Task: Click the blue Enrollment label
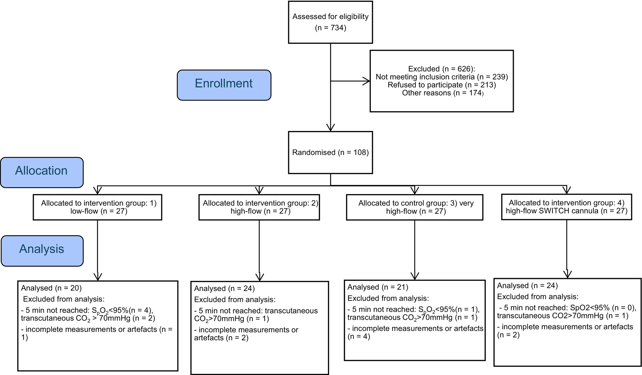pyautogui.click(x=224, y=85)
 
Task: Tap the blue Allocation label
pyautogui.click(x=42, y=172)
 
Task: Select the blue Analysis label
pyautogui.click(x=42, y=251)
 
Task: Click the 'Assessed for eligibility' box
pyautogui.click(x=330, y=22)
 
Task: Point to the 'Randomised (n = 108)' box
pyautogui.click(x=330, y=152)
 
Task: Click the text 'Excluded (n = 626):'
pyautogui.click(x=442, y=69)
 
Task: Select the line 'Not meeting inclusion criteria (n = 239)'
pyautogui.click(x=442, y=77)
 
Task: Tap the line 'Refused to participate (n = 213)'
pyautogui.click(x=442, y=85)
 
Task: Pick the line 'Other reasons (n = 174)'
pyautogui.click(x=443, y=93)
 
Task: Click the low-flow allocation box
pyautogui.click(x=97, y=207)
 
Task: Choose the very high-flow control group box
pyautogui.click(x=415, y=207)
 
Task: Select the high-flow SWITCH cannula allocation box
pyautogui.click(x=567, y=207)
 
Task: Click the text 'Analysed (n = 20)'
pyautogui.click(x=51, y=288)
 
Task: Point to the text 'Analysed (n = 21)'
pyautogui.click(x=378, y=287)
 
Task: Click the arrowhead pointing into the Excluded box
pyautogui.click(x=366, y=81)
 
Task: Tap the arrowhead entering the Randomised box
pyautogui.click(x=331, y=127)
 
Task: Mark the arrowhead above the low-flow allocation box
pyautogui.click(x=97, y=191)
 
